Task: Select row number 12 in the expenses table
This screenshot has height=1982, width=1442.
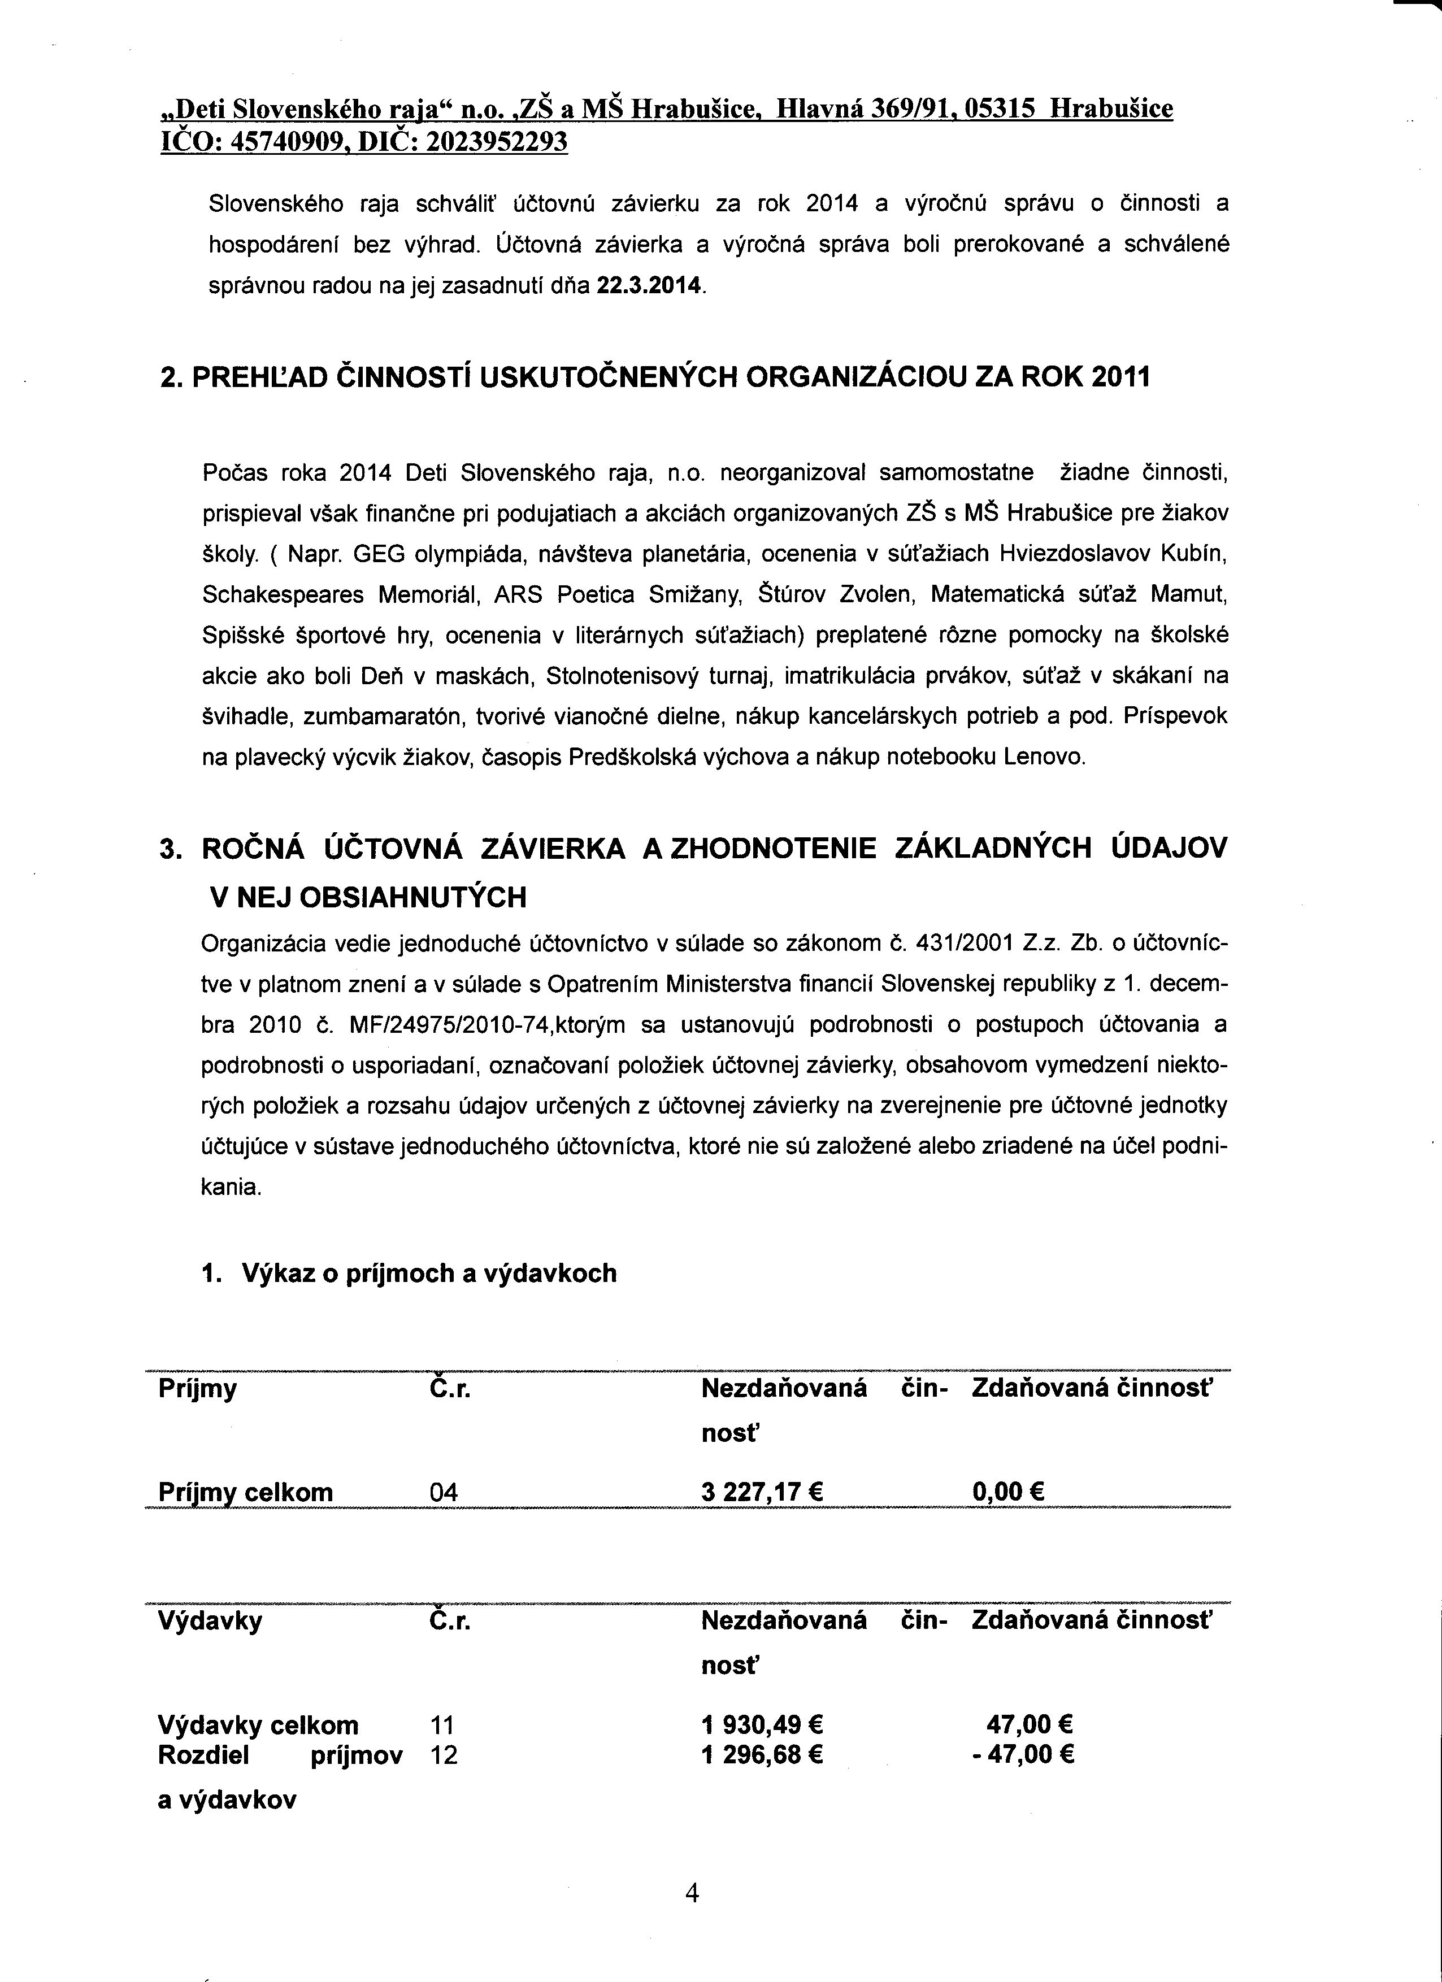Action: [x=444, y=1755]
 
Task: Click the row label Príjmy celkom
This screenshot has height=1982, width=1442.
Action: [x=246, y=1492]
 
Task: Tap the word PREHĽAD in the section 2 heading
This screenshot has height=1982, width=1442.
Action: [x=257, y=377]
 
